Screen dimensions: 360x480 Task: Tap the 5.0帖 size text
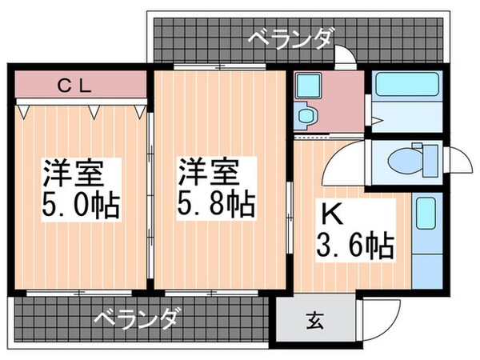click(80, 204)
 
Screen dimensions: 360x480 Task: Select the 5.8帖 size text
click(215, 204)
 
